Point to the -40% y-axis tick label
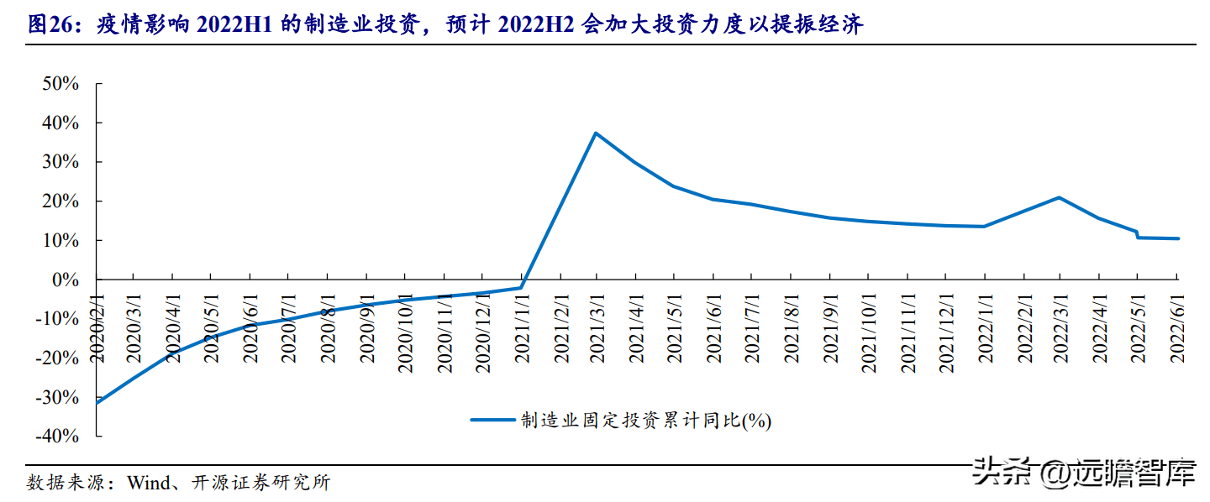pyautogui.click(x=57, y=437)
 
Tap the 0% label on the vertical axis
pyautogui.click(x=66, y=280)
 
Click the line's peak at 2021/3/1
pyautogui.click(x=596, y=133)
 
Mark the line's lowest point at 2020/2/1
pyautogui.click(x=97, y=403)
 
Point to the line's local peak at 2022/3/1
pyautogui.click(x=1060, y=197)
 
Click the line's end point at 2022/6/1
pyautogui.click(x=1176, y=238)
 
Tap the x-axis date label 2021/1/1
pyautogui.click(x=520, y=327)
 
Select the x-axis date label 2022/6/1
pyautogui.click(x=1177, y=327)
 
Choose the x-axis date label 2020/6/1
pyautogui.click(x=250, y=327)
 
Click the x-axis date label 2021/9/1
pyautogui.click(x=831, y=327)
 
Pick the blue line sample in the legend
pyautogui.click(x=492, y=419)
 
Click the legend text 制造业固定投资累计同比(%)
pyautogui.click(x=645, y=420)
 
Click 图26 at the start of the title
pyautogui.click(x=47, y=24)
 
